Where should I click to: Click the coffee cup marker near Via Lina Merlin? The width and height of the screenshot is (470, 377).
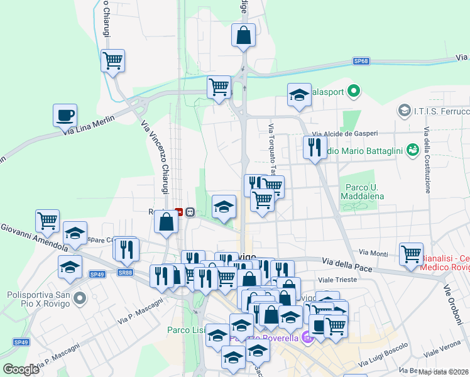click(x=65, y=116)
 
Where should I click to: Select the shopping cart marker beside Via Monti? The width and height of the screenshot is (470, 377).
click(x=411, y=254)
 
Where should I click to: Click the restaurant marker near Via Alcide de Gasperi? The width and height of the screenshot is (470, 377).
click(x=314, y=148)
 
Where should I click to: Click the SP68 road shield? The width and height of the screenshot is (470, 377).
click(x=361, y=62)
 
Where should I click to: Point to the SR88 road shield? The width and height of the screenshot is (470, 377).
click(x=126, y=273)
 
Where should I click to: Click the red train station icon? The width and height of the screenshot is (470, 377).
click(x=178, y=212)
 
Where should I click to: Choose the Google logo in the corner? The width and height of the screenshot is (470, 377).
click(x=21, y=369)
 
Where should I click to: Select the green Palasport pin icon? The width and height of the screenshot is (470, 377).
click(x=353, y=92)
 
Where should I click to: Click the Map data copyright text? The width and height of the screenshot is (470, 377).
click(x=443, y=371)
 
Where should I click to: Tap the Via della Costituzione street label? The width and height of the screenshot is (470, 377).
click(x=427, y=160)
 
